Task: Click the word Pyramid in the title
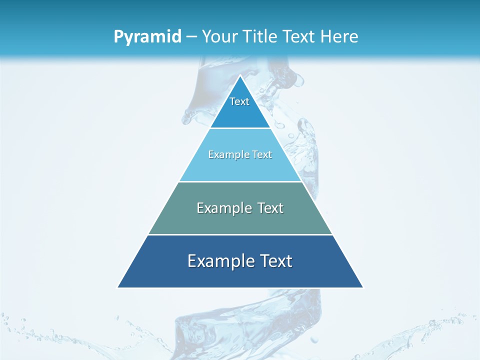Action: (x=147, y=37)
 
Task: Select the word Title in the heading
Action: (x=260, y=36)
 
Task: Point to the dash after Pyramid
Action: (x=191, y=37)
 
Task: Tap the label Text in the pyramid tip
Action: (x=239, y=101)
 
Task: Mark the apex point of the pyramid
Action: (x=240, y=76)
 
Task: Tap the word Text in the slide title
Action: (x=299, y=36)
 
